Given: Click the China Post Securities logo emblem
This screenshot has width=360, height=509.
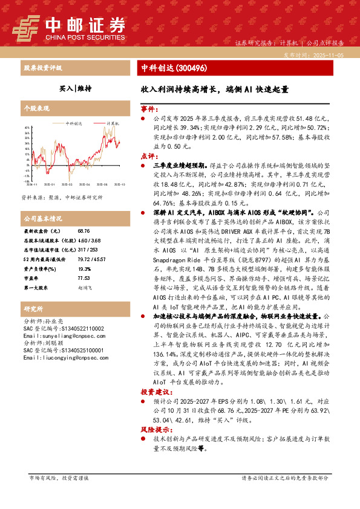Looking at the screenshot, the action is (x=27, y=26).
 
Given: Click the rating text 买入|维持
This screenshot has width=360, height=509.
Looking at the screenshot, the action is (x=76, y=88).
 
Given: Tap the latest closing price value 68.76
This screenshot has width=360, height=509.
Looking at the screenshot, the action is (x=84, y=232).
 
